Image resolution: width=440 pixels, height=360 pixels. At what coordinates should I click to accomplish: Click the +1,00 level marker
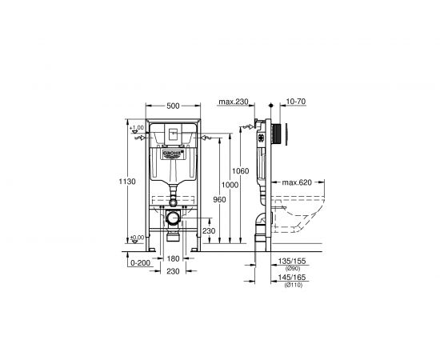pyautogui.click(x=135, y=127)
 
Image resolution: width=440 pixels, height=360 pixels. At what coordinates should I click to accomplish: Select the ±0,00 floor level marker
pyautogui.click(x=135, y=236)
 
